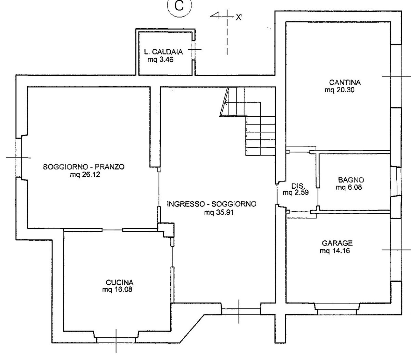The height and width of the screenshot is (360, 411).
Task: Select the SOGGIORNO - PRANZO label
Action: point(83,167)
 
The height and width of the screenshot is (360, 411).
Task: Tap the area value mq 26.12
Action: point(83,174)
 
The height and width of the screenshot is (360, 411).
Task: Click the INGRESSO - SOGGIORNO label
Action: point(212,204)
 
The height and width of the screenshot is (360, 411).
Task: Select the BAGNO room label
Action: point(348,180)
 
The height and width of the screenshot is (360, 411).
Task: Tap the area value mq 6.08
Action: point(348,188)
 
